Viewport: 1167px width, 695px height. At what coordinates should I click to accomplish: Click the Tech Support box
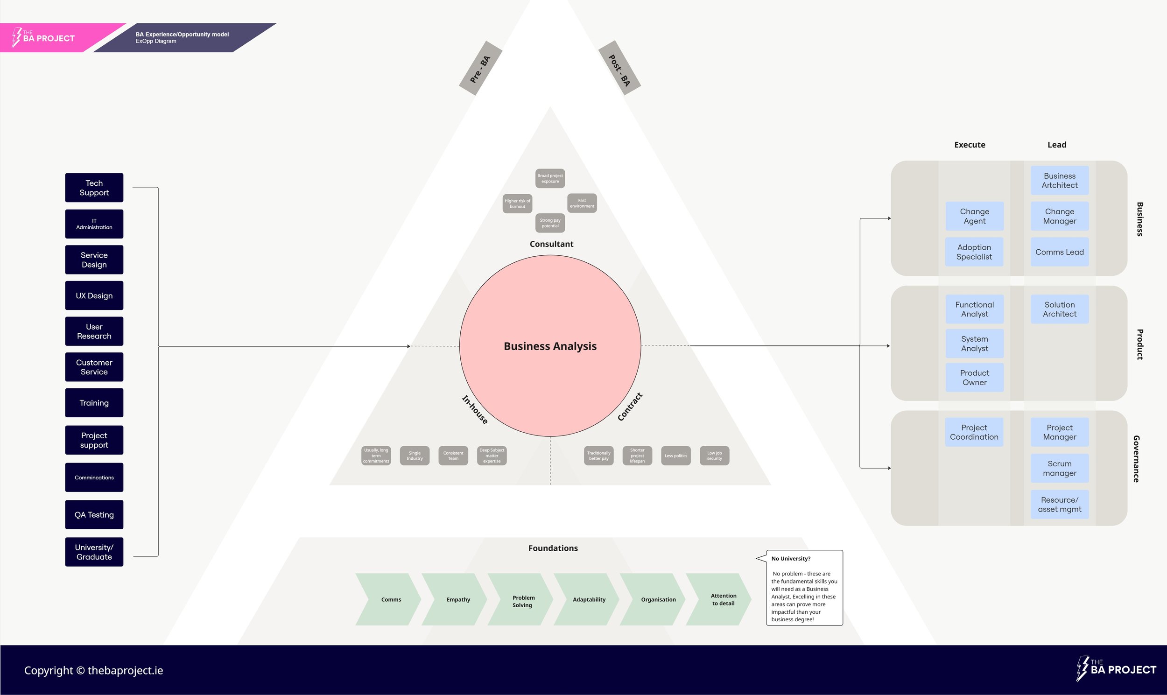(94, 188)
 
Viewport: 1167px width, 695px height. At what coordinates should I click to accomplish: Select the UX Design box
(94, 295)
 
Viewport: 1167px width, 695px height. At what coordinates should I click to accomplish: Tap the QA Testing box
(94, 515)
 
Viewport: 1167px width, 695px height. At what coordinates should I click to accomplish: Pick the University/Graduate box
(94, 552)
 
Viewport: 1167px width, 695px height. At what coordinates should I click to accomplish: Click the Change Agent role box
(974, 217)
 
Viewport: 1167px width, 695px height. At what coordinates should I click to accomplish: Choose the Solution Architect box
(1059, 309)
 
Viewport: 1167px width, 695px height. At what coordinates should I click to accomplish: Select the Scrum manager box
(1059, 468)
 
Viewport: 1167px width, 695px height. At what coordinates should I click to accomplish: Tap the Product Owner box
(974, 378)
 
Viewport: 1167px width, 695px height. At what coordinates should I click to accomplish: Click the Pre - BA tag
(480, 68)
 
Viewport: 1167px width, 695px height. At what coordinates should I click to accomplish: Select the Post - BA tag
(619, 68)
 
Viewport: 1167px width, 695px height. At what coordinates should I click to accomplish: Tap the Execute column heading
(970, 145)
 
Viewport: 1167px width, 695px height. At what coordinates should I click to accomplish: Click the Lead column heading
(1056, 145)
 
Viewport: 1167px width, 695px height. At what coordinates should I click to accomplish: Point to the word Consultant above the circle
(551, 244)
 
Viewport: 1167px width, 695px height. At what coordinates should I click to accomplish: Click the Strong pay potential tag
(550, 223)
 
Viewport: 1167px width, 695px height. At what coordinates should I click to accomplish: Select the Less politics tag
(676, 456)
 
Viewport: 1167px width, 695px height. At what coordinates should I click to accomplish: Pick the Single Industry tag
(415, 456)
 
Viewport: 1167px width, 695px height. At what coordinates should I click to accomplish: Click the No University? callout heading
(790, 559)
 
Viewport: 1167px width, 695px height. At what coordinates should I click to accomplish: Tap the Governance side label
(1136, 459)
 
